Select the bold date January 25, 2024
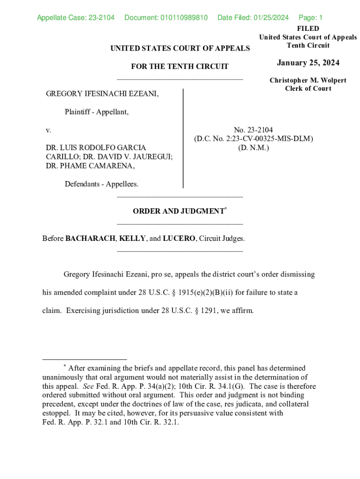point(308,63)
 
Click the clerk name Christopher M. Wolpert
point(308,80)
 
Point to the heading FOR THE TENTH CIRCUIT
point(180,66)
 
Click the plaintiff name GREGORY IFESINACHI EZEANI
point(102,94)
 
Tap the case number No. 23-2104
point(253,130)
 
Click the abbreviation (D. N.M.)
point(253,148)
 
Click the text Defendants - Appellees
point(101,184)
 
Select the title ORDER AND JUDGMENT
point(178,211)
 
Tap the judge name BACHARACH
point(90,239)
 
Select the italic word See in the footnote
point(88,386)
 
